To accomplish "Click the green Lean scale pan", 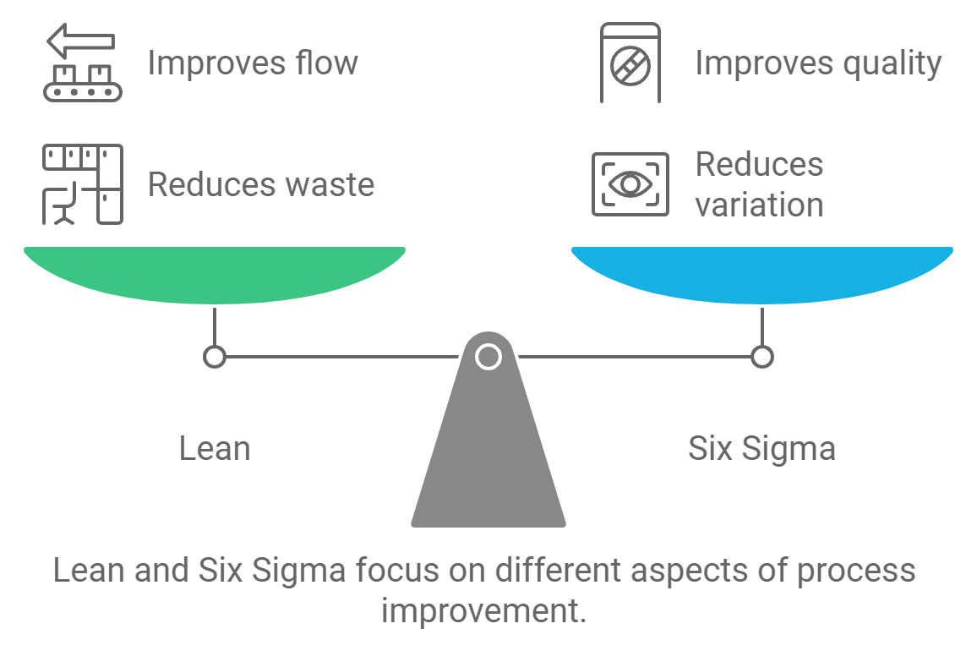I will point(215,273).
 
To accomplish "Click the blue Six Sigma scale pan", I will point(761,273).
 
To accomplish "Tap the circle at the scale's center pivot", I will point(488,357).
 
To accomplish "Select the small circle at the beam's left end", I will point(215,357).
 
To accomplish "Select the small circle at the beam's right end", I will point(761,357).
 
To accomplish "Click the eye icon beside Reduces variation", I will point(630,183).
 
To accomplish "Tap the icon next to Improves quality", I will point(630,63).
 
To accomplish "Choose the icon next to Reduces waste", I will point(83,184).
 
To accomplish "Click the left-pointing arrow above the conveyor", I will point(81,40).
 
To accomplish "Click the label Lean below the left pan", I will point(215,448).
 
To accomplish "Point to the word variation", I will point(759,205).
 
